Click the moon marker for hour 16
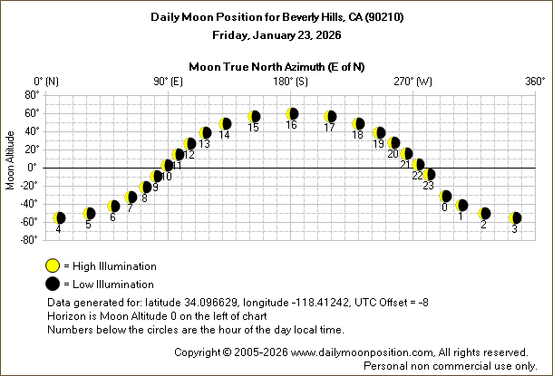pyautogui.click(x=292, y=114)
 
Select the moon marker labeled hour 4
pyautogui.click(x=59, y=217)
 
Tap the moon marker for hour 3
pyautogui.click(x=515, y=217)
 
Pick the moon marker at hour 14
pyautogui.click(x=225, y=123)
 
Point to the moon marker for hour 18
pyautogui.click(x=358, y=123)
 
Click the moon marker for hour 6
pyautogui.click(x=113, y=206)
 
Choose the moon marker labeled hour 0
pyautogui.click(x=445, y=196)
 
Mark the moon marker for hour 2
pyautogui.click(x=484, y=213)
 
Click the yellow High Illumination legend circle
pyautogui.click(x=53, y=265)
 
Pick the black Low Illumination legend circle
pyautogui.click(x=53, y=283)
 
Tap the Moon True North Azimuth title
pyautogui.click(x=277, y=66)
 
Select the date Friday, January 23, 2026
pyautogui.click(x=276, y=35)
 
